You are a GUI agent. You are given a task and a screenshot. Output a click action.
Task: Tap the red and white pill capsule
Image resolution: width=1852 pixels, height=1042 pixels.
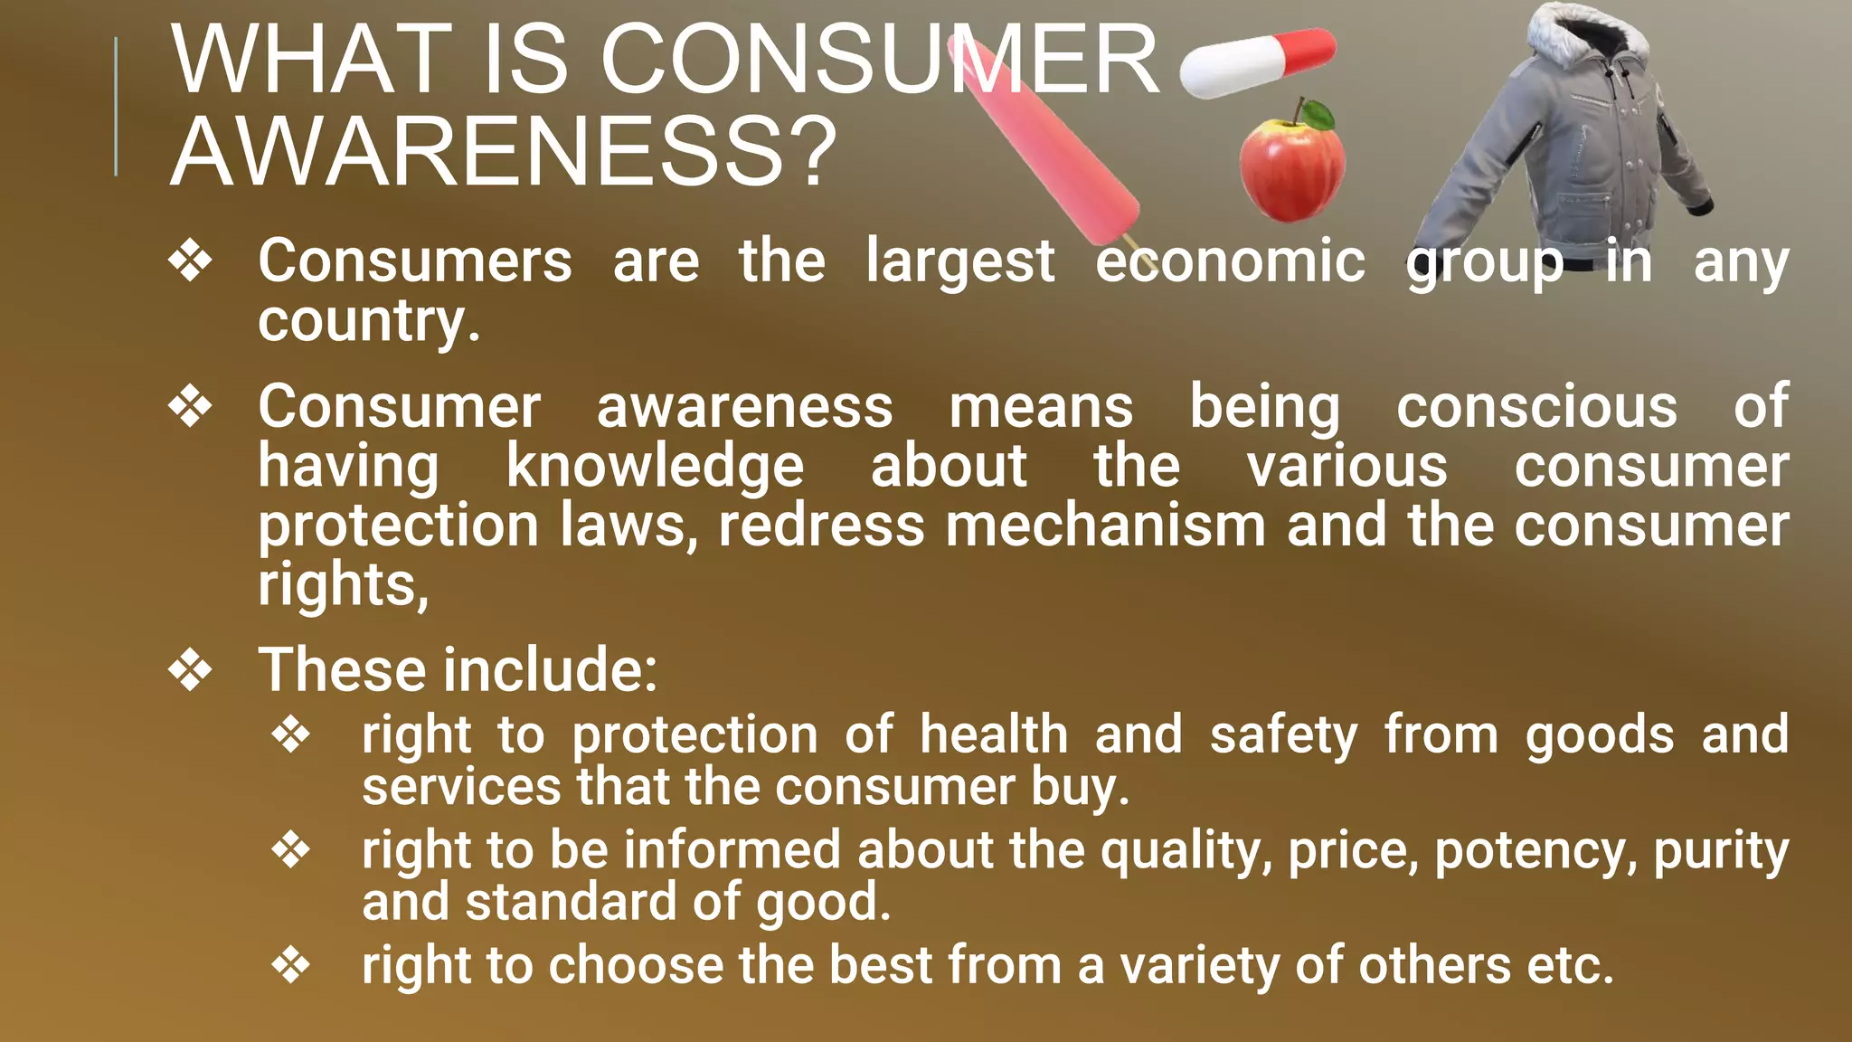[1258, 62]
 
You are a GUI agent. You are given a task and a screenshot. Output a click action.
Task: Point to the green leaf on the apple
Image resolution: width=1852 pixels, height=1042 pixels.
[1318, 115]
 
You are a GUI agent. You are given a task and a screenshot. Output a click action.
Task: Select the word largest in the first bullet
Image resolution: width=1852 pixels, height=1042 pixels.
[960, 262]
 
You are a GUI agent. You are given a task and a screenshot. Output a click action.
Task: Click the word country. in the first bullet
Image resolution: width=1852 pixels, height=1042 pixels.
[369, 321]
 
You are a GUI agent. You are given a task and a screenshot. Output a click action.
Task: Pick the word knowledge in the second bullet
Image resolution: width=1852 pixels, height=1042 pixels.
[655, 467]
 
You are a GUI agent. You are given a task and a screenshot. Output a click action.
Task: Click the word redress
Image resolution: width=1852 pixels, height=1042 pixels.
[822, 526]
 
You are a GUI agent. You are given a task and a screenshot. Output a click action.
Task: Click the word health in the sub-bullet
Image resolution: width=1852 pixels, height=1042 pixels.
[994, 734]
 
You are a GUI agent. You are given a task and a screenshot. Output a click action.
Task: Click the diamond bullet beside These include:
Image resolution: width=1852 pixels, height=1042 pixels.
[191, 670]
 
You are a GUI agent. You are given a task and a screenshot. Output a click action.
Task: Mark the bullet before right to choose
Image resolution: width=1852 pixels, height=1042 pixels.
[291, 965]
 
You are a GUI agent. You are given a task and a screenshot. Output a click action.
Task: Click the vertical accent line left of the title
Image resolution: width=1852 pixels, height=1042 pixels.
[116, 107]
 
